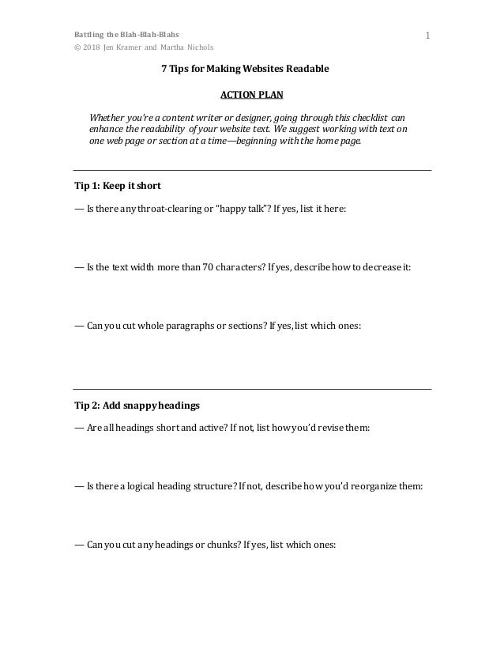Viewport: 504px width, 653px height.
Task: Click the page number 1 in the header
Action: pos(427,36)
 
